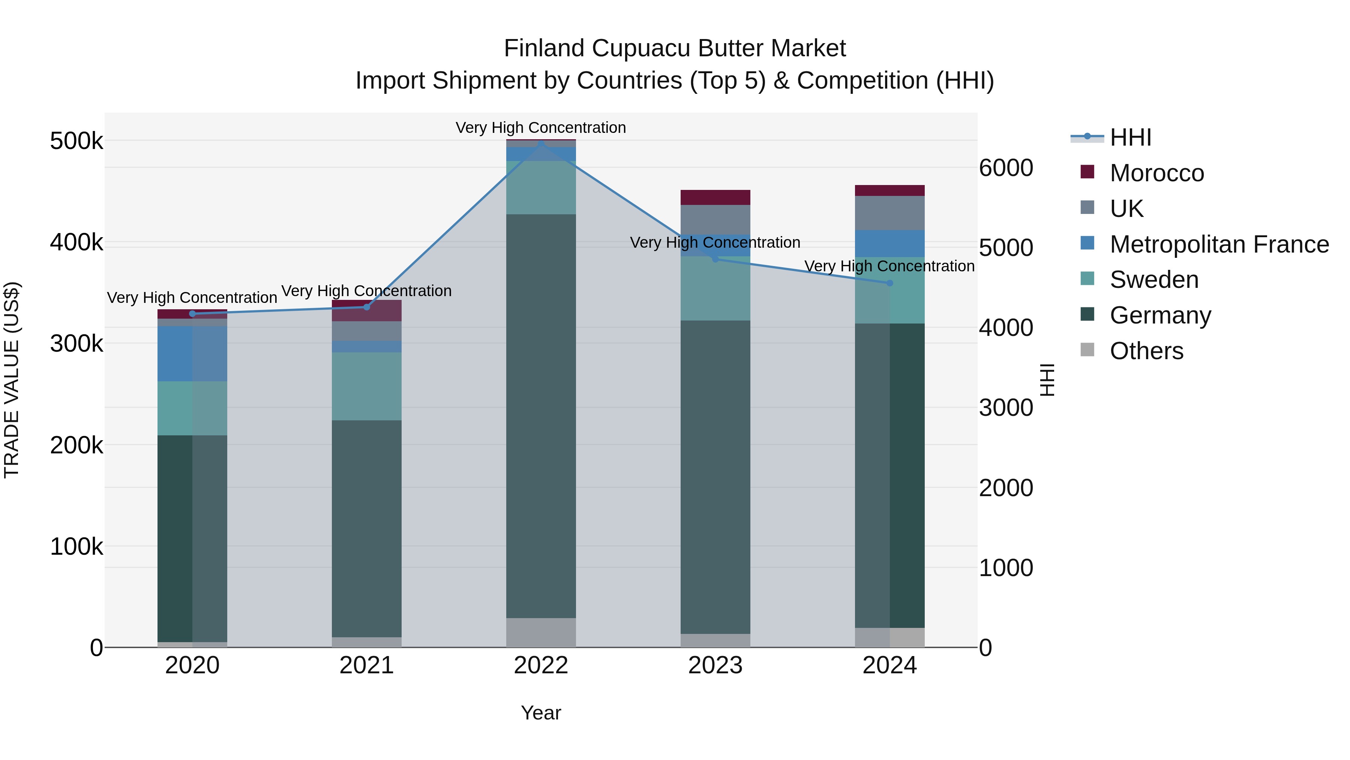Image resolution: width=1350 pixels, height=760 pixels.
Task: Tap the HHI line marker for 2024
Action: tap(889, 283)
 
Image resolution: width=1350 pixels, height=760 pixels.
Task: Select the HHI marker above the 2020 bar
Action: tap(192, 314)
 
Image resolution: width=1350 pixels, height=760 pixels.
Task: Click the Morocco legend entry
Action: tap(1156, 173)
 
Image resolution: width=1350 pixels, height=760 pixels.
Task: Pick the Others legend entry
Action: tap(1146, 351)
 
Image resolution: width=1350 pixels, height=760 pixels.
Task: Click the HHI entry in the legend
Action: tap(1130, 137)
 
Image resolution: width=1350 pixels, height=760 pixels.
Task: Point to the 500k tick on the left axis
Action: tap(76, 141)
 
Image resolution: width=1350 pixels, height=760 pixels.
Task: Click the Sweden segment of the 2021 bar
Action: tap(366, 386)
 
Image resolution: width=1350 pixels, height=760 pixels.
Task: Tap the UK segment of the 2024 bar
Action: tap(889, 213)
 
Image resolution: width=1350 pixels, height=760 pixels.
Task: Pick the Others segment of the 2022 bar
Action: tap(541, 632)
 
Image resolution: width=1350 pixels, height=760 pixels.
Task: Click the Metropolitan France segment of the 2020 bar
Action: tap(192, 354)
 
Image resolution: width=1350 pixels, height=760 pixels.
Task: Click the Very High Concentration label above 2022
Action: tap(540, 128)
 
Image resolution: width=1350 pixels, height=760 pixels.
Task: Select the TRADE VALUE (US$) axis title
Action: tap(12, 380)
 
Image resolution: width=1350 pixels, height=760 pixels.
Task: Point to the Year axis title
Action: tap(541, 713)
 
